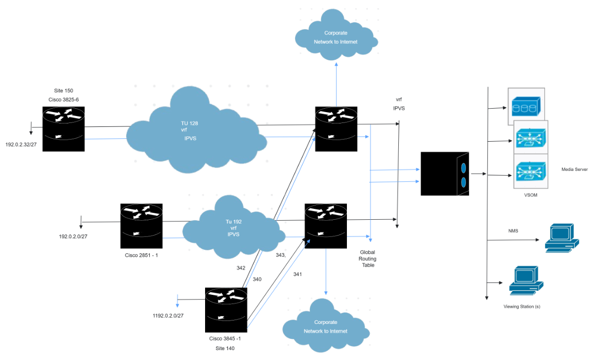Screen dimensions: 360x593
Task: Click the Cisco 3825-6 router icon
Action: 63,129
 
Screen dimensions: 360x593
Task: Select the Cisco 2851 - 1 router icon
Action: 141,226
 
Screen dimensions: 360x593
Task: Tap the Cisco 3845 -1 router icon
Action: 226,310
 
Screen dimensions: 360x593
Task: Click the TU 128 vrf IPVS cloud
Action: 193,131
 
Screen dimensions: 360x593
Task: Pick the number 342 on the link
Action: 241,268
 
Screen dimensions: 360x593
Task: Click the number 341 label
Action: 297,274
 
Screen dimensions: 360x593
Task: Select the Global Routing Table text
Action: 367,258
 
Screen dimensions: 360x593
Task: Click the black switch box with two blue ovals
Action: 444,174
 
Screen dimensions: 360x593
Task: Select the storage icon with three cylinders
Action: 526,106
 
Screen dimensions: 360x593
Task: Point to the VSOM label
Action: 530,195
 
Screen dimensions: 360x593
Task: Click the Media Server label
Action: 574,169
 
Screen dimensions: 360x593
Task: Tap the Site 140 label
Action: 225,348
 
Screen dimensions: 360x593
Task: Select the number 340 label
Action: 257,279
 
